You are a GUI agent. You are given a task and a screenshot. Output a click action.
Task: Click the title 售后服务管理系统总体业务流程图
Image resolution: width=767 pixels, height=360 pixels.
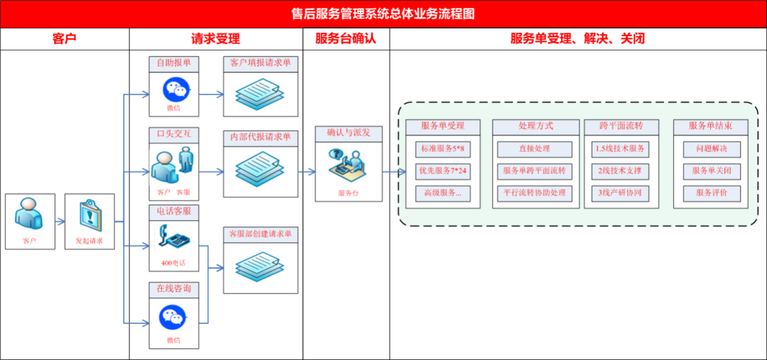tap(383, 13)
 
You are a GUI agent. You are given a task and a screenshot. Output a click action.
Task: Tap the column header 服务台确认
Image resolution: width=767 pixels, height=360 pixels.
tap(345, 39)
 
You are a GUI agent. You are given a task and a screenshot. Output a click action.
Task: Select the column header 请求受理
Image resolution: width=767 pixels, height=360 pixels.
tap(216, 39)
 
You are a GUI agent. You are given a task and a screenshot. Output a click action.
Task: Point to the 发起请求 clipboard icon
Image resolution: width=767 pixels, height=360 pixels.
tap(89, 214)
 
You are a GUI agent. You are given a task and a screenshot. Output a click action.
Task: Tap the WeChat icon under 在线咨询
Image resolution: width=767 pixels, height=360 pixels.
tap(173, 319)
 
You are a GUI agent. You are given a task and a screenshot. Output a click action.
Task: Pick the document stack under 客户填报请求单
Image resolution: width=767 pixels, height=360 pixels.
tap(260, 94)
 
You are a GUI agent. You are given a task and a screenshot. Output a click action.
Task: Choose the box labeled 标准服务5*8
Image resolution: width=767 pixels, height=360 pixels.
tap(443, 149)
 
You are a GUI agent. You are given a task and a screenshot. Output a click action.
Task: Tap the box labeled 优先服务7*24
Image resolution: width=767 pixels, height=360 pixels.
tap(443, 171)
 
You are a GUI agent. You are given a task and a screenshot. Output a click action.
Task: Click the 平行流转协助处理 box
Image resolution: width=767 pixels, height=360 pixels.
tap(535, 193)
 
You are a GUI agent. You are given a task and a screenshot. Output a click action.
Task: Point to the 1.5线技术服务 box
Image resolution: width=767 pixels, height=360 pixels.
tap(621, 149)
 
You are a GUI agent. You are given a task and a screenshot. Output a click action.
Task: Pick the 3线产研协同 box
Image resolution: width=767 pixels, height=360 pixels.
tap(621, 193)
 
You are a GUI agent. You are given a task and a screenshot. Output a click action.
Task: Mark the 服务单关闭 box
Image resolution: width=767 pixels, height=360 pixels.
tap(712, 171)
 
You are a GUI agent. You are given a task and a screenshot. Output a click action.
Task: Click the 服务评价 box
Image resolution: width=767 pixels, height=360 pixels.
tap(712, 193)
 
